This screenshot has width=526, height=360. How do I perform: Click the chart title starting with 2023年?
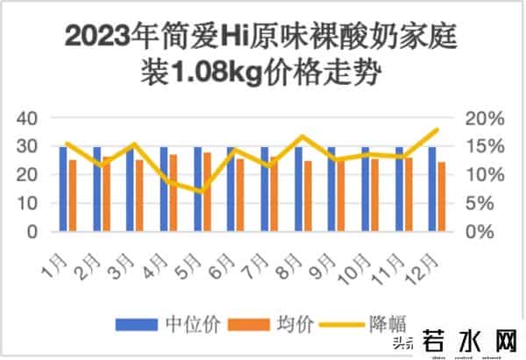[x=262, y=54]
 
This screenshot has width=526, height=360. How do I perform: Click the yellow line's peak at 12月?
[x=437, y=130]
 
